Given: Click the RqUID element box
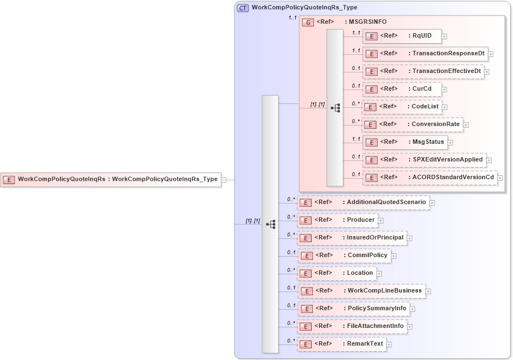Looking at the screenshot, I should [402, 36].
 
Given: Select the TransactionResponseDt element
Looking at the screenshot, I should [425, 54].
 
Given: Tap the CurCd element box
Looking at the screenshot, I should [402, 89].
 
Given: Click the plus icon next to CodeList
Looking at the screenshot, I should [444, 107].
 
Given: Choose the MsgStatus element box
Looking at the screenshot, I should [405, 142].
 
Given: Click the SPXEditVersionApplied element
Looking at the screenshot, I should [424, 160].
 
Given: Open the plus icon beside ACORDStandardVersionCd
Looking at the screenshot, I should [500, 178].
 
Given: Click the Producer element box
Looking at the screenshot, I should [337, 220].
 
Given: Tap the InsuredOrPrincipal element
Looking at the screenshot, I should [352, 238].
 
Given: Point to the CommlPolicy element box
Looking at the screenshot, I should [344, 255].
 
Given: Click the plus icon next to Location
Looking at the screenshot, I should [379, 273].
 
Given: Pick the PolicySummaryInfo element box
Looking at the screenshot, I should [353, 309].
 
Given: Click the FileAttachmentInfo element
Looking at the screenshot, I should [352, 326].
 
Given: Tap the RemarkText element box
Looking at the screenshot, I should [341, 344].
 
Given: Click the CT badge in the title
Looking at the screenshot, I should [242, 8].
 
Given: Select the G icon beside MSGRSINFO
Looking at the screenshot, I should [307, 22].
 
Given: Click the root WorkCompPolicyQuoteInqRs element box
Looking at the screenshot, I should [111, 179].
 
